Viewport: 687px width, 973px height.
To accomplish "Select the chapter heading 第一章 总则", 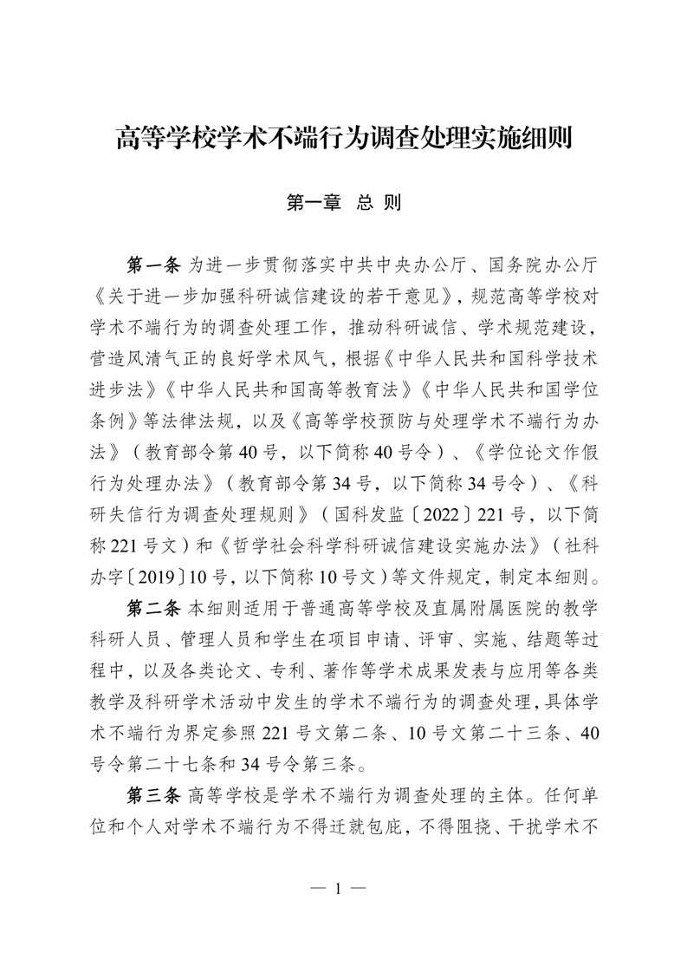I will [x=343, y=204].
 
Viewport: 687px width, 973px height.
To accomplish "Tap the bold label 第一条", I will [x=153, y=261].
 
